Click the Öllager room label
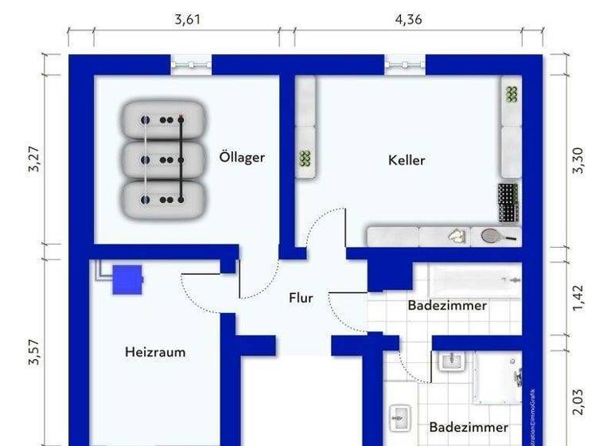point(242,157)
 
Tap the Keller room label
point(407,160)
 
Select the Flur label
point(301,299)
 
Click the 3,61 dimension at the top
point(188,20)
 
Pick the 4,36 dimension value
point(408,20)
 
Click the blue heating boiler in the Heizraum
point(127,279)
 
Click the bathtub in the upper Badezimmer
point(475,280)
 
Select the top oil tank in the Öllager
point(164,119)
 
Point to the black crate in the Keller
point(508,203)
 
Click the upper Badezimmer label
point(447,306)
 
